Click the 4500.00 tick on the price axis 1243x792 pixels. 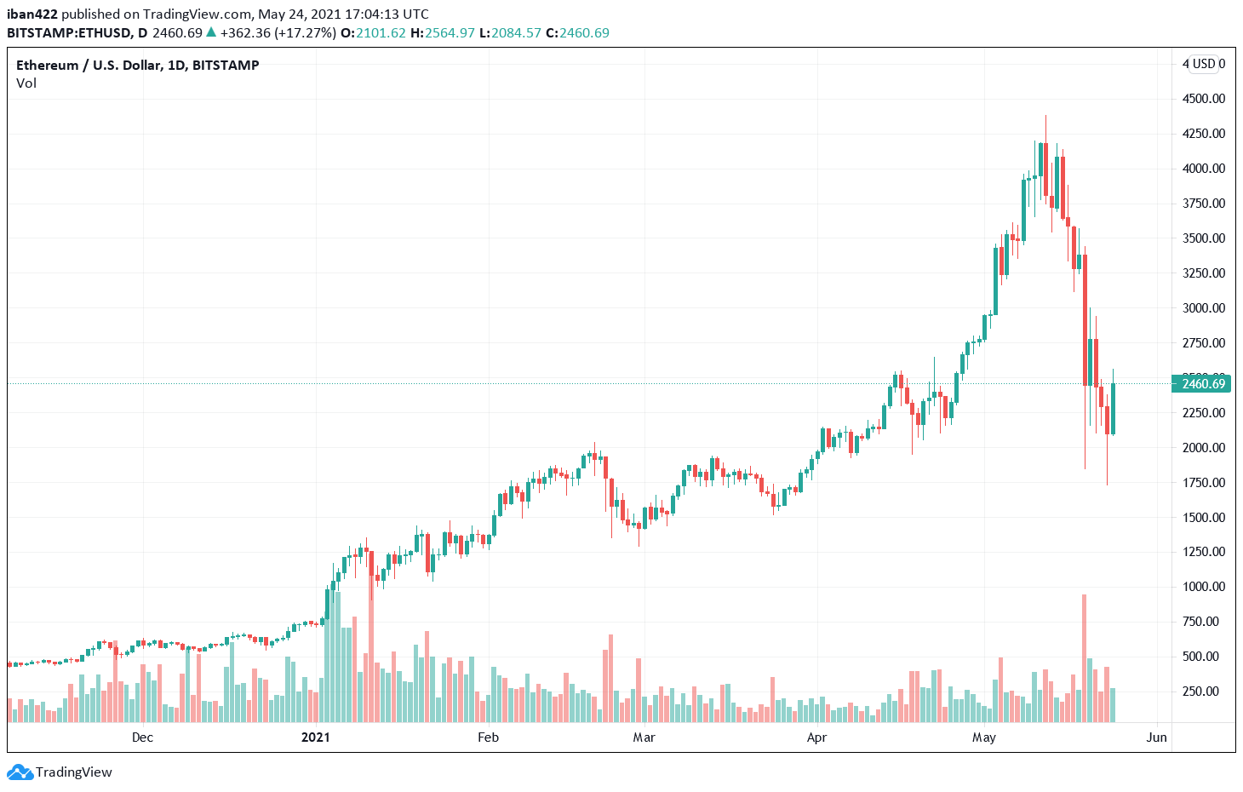1203,99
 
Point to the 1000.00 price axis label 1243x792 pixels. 1203,587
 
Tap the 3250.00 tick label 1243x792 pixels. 1203,273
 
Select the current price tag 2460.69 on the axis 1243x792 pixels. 1203,384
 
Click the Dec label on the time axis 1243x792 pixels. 142,737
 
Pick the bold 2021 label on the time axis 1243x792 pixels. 315,737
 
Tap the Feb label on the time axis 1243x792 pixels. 488,737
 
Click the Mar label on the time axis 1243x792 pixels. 644,737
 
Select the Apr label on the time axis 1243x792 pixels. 816,737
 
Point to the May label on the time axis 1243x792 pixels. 983,737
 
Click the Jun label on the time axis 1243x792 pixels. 1156,737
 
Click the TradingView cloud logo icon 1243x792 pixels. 20,772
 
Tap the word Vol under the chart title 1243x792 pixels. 26,83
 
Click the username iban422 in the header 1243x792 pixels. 32,14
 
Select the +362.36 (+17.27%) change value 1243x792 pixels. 278,33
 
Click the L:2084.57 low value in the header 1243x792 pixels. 510,33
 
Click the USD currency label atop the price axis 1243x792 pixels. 1204,64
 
